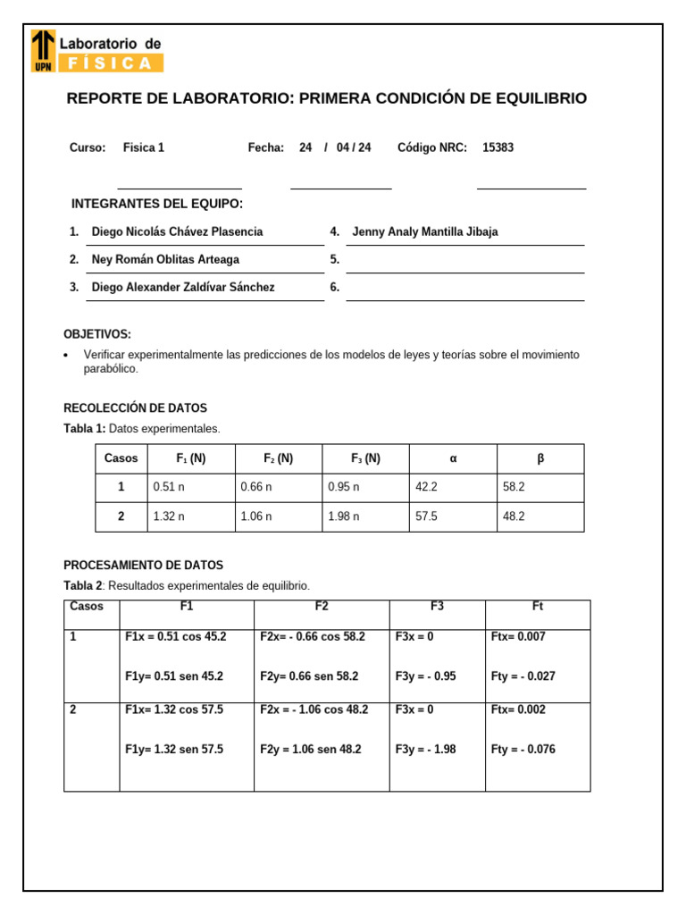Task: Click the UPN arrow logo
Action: pos(43,49)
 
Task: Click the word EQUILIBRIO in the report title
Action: pos(540,98)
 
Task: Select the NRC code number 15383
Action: pos(498,148)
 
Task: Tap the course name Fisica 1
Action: pos(144,148)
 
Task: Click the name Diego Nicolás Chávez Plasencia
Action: pos(177,232)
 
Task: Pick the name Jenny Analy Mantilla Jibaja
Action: pos(425,232)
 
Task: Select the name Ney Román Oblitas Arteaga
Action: pos(165,260)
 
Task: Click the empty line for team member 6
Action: pos(464,289)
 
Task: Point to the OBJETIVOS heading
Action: pos(97,334)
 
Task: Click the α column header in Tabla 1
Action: pos(453,458)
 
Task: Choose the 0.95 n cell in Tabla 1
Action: pos(343,488)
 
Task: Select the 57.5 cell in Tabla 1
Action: pos(426,517)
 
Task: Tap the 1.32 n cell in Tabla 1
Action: pos(169,517)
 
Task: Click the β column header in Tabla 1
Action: pos(540,458)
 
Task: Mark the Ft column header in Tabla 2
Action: pos(537,607)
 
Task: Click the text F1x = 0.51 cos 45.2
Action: pos(176,637)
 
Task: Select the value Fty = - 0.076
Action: pos(523,750)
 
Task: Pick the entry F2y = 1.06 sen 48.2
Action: pos(310,750)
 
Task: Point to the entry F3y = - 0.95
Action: pos(425,676)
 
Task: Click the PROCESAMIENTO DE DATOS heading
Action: pos(143,566)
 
